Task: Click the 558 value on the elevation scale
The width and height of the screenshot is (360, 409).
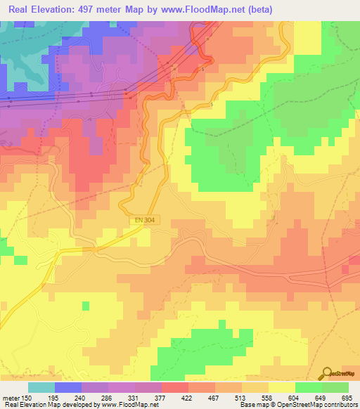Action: coord(268,398)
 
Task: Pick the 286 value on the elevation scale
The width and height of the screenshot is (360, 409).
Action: coord(108,398)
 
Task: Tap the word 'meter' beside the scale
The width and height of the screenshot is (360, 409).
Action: coord(11,398)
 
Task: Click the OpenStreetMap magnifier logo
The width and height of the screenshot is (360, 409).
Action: coord(326,375)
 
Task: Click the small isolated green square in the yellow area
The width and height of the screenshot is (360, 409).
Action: coord(86,306)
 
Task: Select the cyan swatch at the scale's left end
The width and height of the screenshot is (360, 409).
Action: coord(41,387)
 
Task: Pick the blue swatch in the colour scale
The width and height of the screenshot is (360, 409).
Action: coord(68,387)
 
